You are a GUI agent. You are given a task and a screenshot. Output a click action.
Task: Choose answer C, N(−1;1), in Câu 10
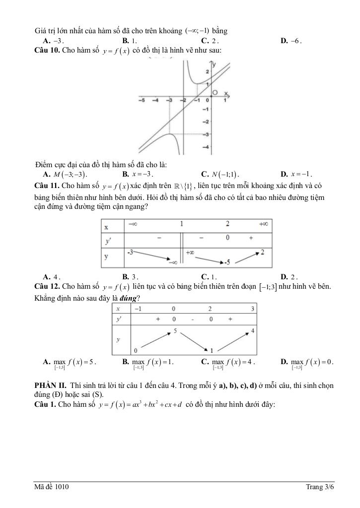(x=220, y=174)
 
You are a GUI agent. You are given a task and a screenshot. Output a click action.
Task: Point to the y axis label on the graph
(x=214, y=64)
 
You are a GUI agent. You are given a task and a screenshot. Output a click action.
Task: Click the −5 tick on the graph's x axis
(x=143, y=100)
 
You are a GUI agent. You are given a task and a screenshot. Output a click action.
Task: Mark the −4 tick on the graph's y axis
(x=205, y=147)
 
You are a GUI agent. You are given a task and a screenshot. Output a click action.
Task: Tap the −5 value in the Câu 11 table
(x=227, y=261)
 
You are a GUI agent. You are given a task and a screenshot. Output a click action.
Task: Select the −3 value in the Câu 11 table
(x=130, y=253)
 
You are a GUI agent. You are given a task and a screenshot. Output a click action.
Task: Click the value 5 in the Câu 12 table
(x=175, y=330)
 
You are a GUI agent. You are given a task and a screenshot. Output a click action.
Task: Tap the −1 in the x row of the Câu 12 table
(x=137, y=309)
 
